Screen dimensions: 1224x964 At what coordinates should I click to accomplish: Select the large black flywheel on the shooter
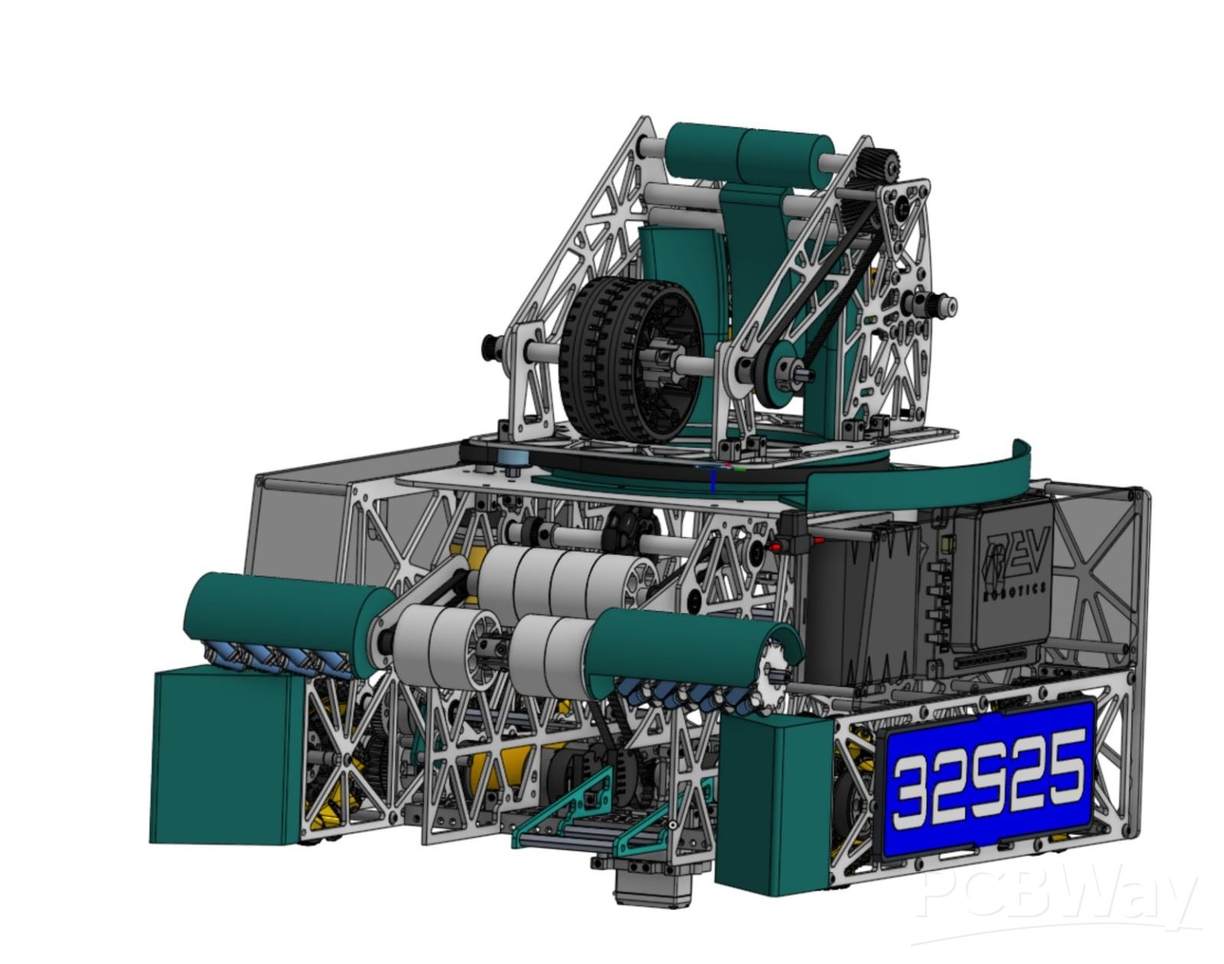630,361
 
